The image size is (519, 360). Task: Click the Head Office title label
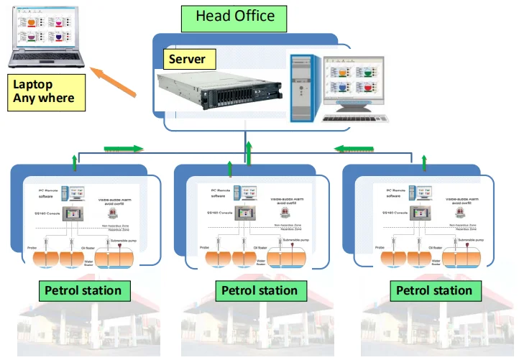[234, 17]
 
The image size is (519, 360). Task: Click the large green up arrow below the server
[249, 154]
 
